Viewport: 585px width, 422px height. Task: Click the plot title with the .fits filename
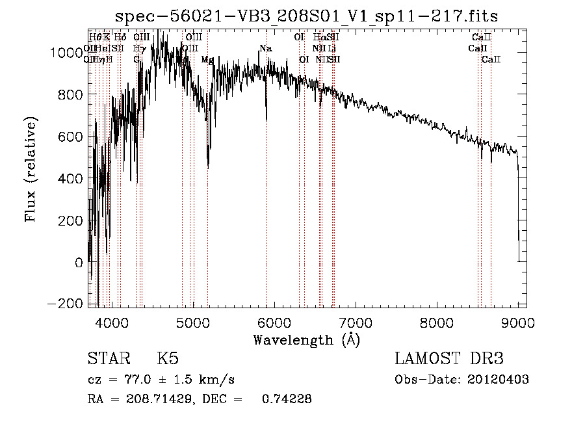click(307, 17)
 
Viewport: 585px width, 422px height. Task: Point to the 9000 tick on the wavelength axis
click(518, 321)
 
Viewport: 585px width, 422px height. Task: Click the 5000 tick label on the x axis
click(192, 321)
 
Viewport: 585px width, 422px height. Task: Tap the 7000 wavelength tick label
click(356, 321)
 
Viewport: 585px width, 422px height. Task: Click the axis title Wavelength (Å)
click(306, 339)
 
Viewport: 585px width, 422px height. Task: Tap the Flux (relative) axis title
click(31, 168)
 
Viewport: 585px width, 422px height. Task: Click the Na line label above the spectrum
click(265, 49)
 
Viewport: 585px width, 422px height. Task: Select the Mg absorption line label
click(207, 60)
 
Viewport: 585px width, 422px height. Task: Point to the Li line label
click(331, 49)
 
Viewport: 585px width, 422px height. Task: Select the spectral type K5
click(168, 359)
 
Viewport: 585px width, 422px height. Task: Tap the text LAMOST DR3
click(449, 359)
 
